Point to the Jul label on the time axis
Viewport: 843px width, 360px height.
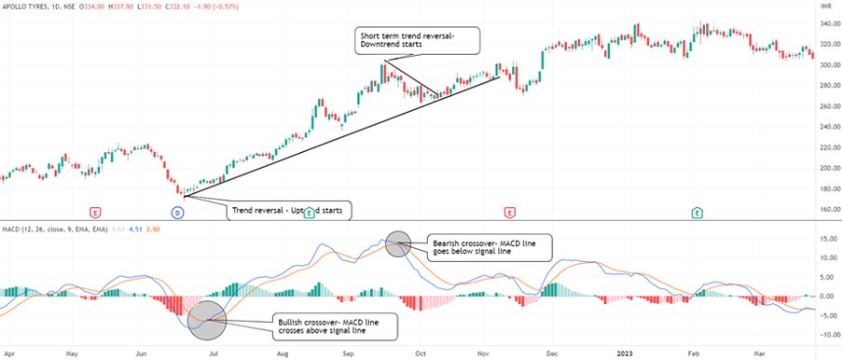point(214,354)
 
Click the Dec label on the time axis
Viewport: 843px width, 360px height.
point(552,354)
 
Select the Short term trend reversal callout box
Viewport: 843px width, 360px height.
point(418,40)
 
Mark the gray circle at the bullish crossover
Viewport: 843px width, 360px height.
point(206,319)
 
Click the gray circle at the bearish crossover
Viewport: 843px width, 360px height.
point(397,242)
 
